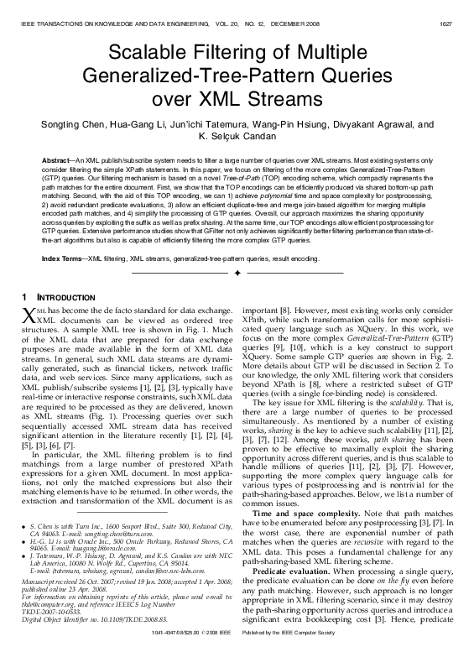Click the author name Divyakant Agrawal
tap(378, 125)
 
